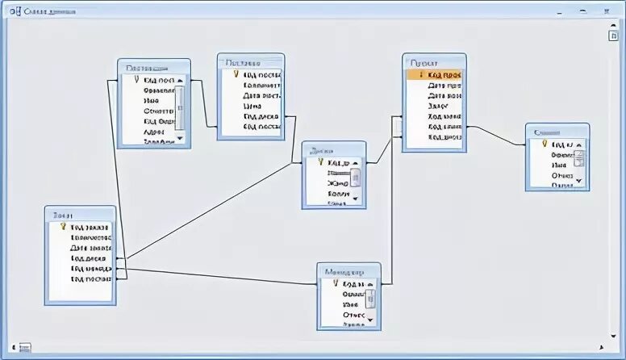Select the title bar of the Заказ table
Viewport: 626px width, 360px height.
click(80, 215)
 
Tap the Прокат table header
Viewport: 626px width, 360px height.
click(434, 62)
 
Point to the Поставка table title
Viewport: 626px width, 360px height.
click(251, 62)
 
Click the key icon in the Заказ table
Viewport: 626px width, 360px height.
click(63, 228)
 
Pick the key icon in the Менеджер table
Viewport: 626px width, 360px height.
click(336, 284)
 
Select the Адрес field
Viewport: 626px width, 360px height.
click(155, 132)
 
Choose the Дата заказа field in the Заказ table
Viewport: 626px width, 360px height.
click(89, 249)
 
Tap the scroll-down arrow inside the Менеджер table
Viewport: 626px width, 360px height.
click(371, 320)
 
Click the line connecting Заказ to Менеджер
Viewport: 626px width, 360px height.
click(218, 276)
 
